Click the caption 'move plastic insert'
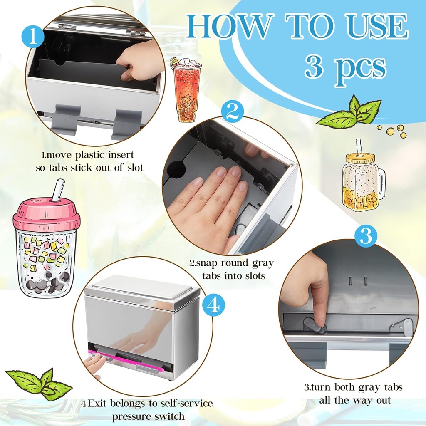[87, 155]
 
